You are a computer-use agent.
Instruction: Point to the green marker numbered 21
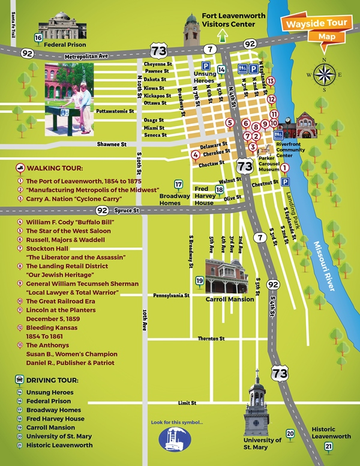[328, 446]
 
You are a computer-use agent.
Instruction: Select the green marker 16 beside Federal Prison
[38, 39]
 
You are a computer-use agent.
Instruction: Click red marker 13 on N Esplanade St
[271, 81]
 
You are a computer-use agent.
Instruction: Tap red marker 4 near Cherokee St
[196, 155]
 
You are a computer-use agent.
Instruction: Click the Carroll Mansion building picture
[226, 276]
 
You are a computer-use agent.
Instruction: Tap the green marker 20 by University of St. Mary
[290, 433]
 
